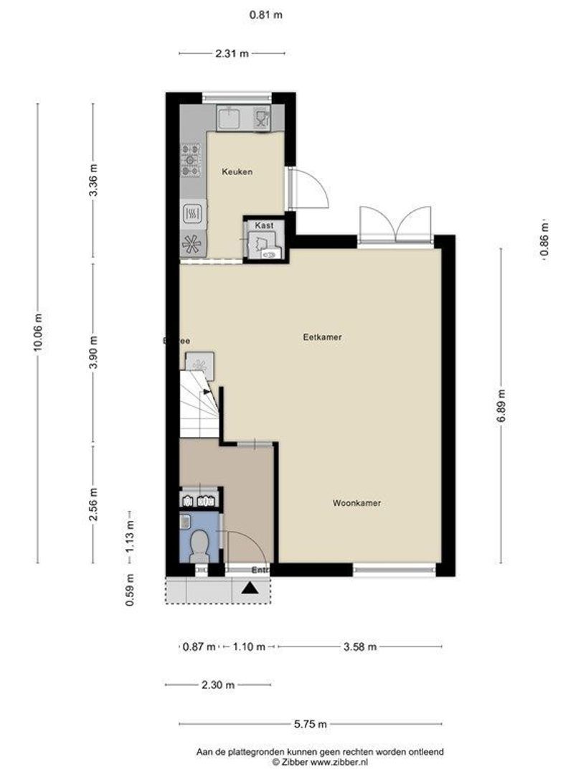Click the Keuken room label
pos(237,172)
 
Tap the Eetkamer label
pos(321,336)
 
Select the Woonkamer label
pos(356,504)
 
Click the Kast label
pos(264,225)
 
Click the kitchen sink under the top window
pos(230,118)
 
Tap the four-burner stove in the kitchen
pos(191,161)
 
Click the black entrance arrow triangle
pos(250,589)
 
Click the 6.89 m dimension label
pos(501,407)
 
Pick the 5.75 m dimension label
pos(311,723)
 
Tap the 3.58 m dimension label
pos(359,647)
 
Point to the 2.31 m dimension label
pos(232,53)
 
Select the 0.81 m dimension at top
pos(265,14)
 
